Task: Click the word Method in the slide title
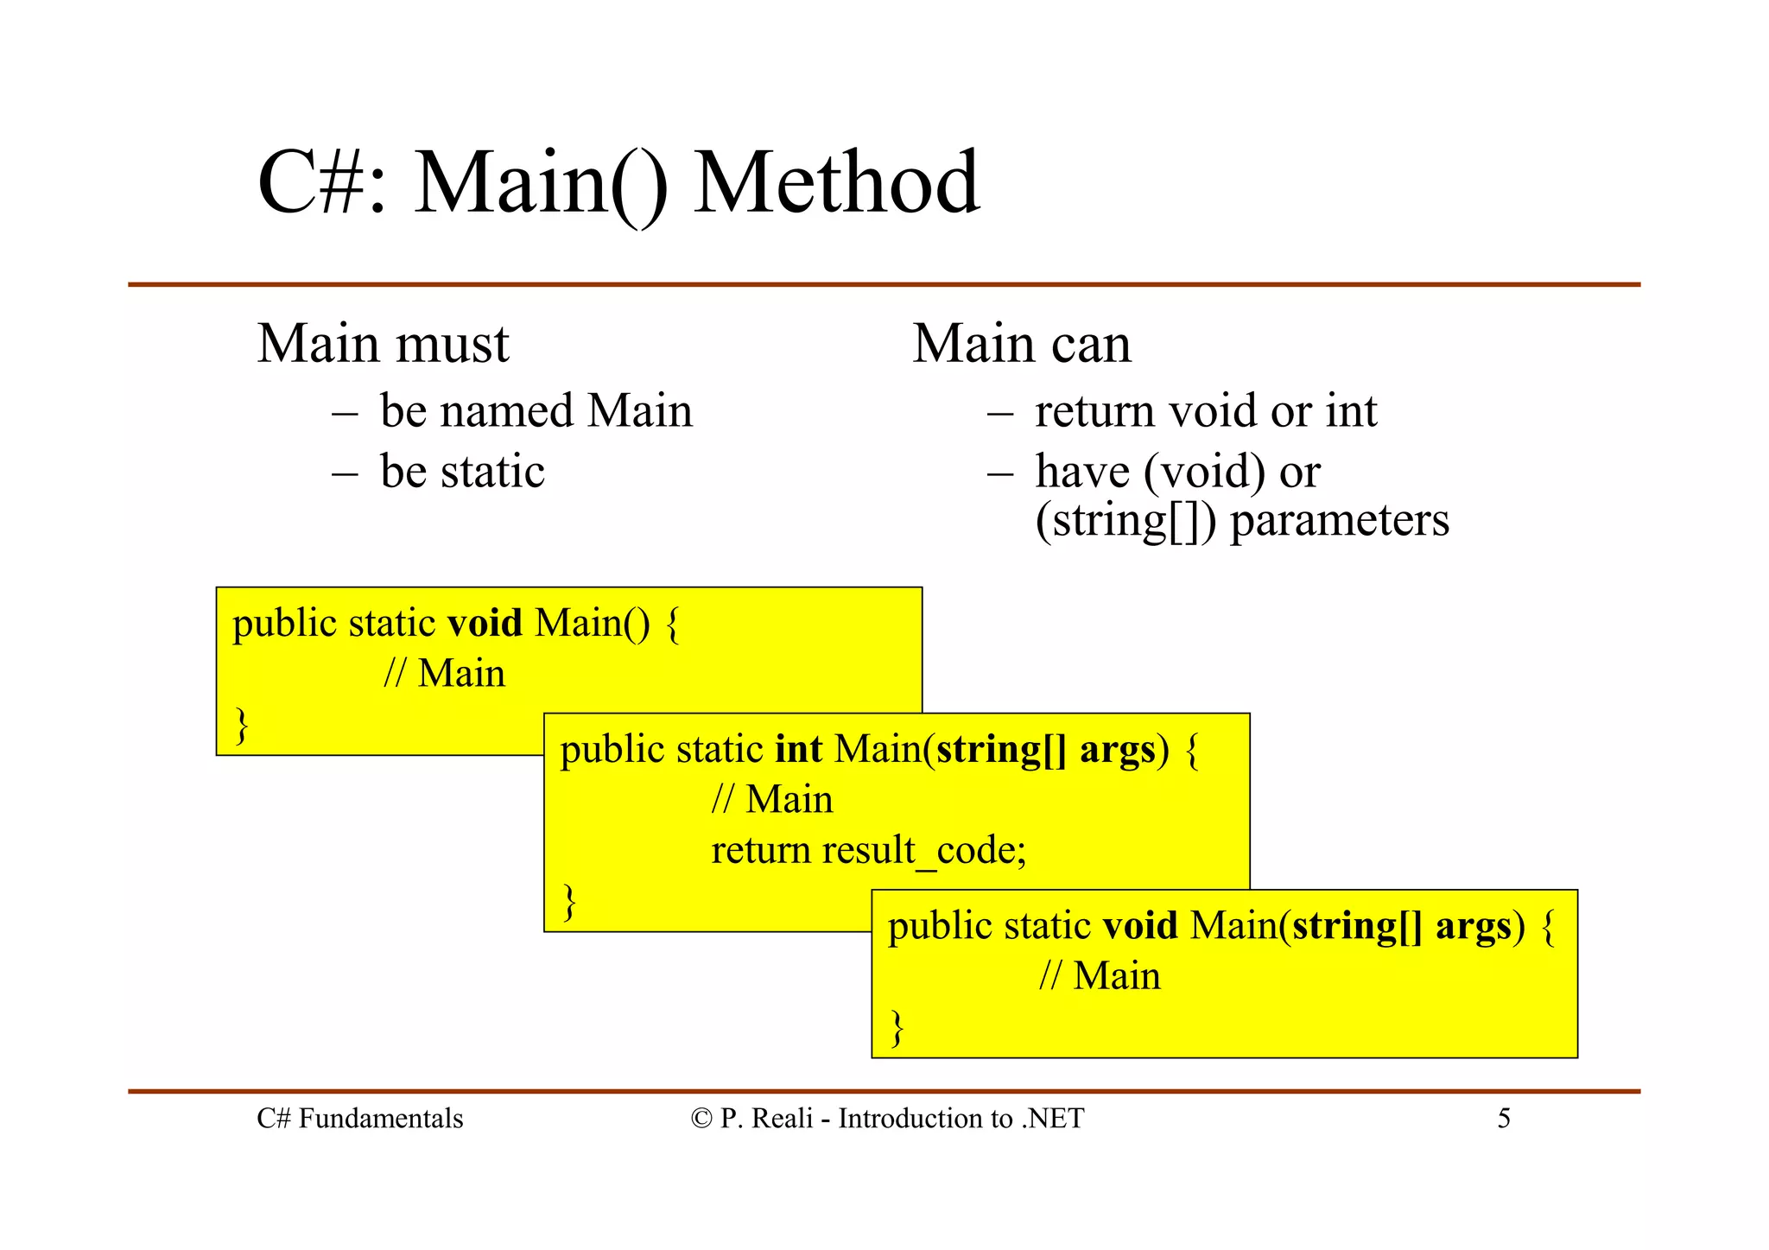836,183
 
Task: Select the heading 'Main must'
384,344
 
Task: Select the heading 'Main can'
1022,344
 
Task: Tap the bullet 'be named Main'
536,410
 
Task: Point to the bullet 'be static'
462,472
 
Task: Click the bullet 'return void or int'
1206,410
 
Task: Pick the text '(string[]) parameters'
1242,521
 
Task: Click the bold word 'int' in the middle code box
798,749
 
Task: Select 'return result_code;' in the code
869,850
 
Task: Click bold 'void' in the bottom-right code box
1140,926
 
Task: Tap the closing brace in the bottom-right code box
897,1027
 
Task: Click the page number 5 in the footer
1504,1119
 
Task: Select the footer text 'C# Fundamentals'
360,1119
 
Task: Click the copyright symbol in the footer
701,1119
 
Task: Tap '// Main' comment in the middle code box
772,800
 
